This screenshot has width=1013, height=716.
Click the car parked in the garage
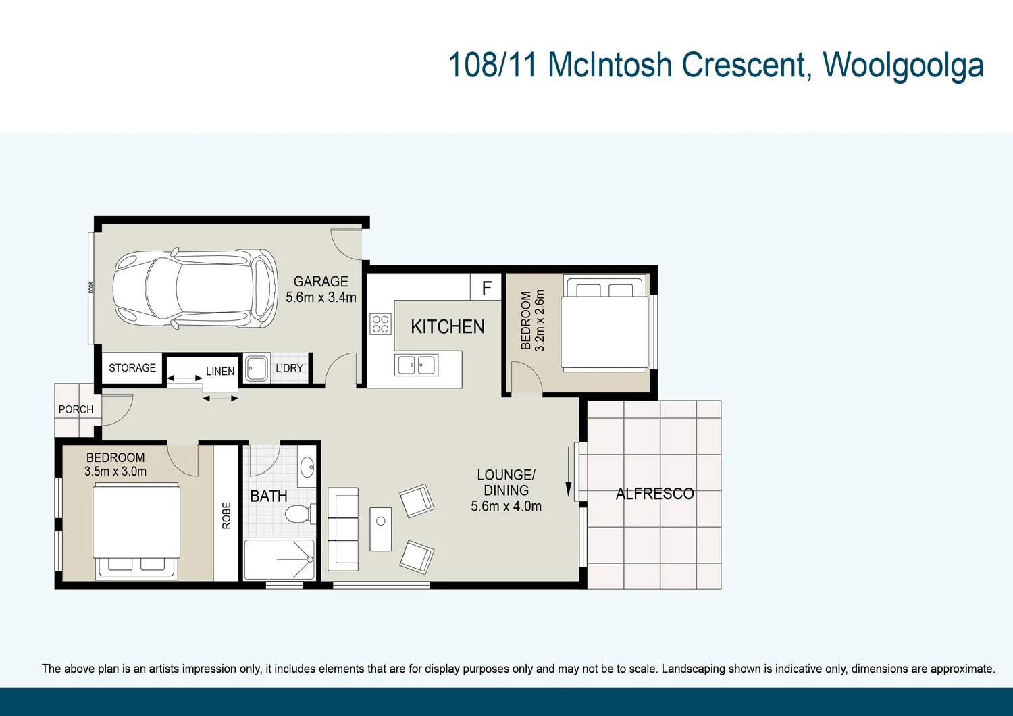(195, 288)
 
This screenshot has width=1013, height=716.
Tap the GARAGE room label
(321, 282)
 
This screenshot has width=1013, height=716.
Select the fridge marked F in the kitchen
(486, 288)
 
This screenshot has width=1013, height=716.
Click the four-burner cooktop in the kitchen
(380, 324)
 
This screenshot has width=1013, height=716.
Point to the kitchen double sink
(417, 365)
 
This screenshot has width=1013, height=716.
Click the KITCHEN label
(448, 327)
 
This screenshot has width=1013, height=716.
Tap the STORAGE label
(132, 368)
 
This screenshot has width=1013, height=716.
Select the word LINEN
(220, 372)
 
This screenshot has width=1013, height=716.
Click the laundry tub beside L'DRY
(257, 369)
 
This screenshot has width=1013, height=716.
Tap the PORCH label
(76, 409)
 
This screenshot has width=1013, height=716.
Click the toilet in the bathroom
(299, 515)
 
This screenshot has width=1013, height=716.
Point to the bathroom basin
(307, 467)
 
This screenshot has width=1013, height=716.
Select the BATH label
(269, 496)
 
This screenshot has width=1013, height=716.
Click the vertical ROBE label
(226, 515)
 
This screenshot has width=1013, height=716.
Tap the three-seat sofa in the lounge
(343, 529)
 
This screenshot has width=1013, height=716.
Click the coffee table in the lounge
(381, 529)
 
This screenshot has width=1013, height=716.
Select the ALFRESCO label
(654, 494)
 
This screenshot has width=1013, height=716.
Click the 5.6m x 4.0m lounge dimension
(506, 507)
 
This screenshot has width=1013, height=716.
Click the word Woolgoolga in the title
(902, 66)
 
